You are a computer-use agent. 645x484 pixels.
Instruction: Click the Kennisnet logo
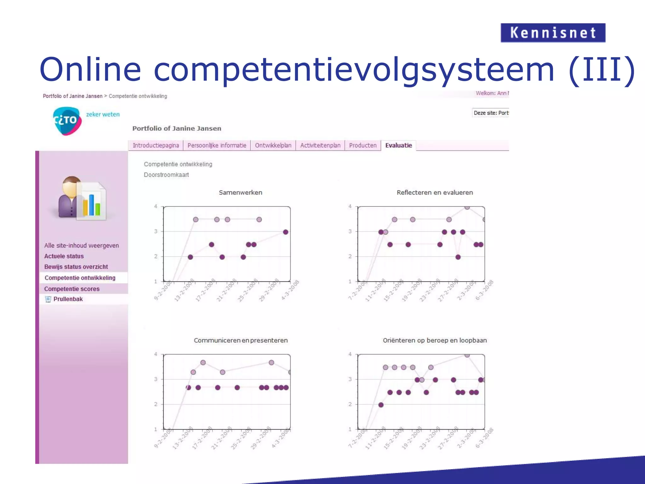(553, 33)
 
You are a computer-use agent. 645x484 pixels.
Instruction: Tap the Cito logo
(67, 121)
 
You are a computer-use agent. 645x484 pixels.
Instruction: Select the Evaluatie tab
(398, 145)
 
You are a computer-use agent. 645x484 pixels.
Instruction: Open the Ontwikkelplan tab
(273, 145)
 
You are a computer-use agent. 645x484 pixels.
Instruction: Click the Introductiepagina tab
(156, 145)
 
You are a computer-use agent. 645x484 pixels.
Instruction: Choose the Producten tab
(362, 145)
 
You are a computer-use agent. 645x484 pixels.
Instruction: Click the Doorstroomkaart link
(166, 175)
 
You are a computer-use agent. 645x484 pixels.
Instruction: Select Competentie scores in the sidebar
(72, 289)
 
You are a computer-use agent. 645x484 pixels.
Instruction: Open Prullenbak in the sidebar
(68, 299)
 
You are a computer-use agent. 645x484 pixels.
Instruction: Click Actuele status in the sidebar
(64, 256)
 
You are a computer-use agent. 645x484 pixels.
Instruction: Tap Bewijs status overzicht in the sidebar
(76, 267)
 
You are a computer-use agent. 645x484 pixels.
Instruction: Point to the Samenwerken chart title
(240, 193)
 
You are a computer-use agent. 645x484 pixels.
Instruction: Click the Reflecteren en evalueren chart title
(435, 193)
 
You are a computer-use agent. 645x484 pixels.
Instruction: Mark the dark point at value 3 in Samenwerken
(285, 232)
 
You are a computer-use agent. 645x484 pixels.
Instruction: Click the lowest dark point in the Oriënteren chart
(381, 405)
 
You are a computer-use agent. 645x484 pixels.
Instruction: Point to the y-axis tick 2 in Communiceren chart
(156, 404)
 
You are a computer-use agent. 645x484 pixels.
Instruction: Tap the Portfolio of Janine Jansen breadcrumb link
(72, 96)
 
